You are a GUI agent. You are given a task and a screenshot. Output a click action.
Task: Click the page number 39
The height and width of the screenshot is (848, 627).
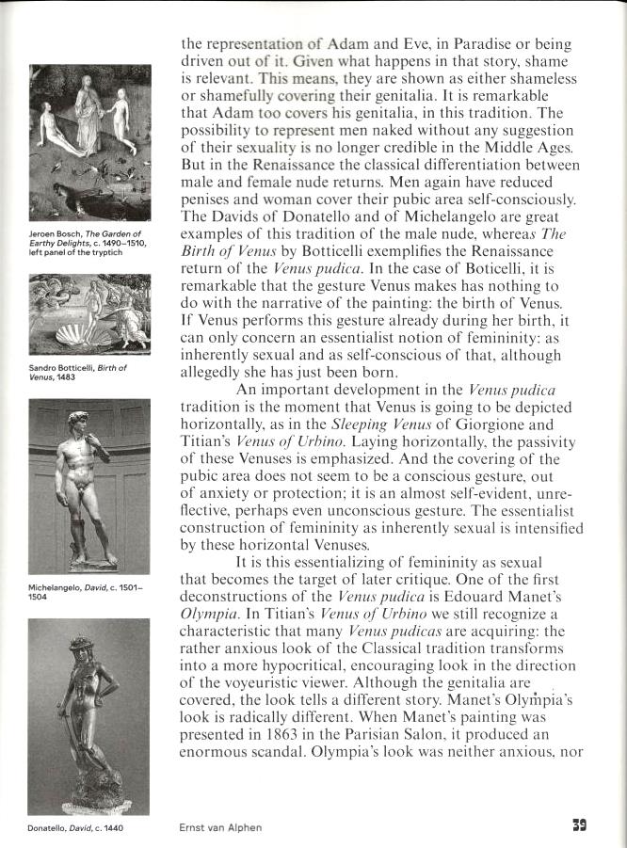click(580, 826)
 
